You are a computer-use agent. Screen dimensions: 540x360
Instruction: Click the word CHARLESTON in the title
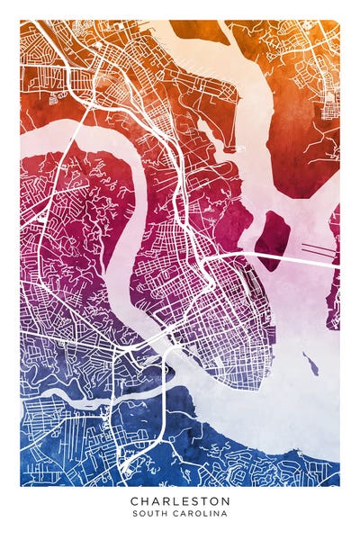point(180,500)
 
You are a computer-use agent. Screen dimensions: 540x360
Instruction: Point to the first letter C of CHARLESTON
point(134,500)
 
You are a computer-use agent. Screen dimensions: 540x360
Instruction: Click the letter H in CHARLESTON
point(145,500)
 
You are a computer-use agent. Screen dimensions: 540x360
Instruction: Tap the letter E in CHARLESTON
point(186,500)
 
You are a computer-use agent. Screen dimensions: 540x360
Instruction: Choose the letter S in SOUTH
point(134,514)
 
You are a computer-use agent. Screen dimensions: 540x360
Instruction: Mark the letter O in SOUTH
point(142,514)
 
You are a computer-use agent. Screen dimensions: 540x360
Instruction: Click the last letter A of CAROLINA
point(225,514)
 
